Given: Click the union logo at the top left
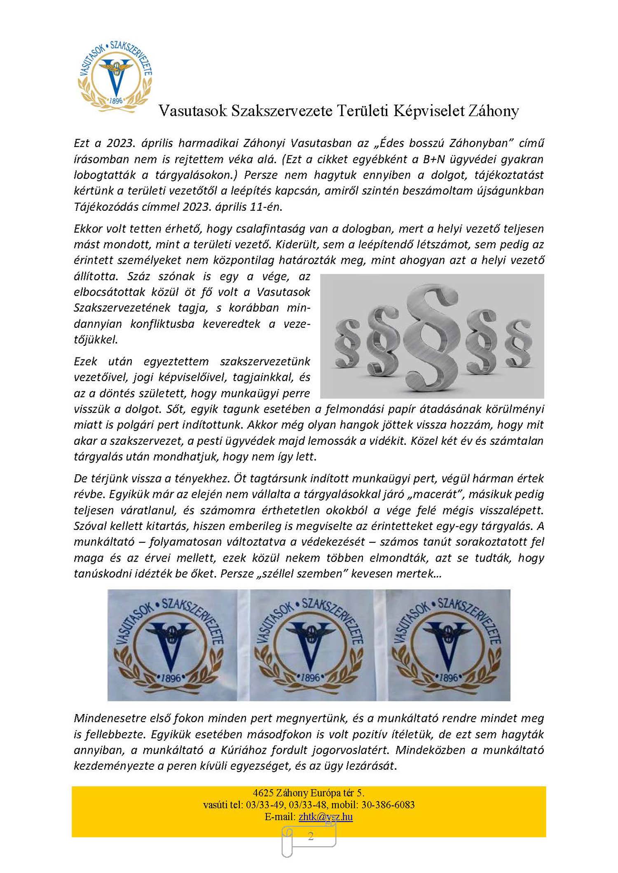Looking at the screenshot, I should click(x=115, y=77).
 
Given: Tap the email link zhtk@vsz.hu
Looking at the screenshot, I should click(x=325, y=817).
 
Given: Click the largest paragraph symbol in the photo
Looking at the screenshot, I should click(x=431, y=336).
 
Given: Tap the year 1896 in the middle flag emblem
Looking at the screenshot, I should click(x=310, y=677).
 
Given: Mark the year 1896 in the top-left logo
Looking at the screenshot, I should click(x=116, y=100).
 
